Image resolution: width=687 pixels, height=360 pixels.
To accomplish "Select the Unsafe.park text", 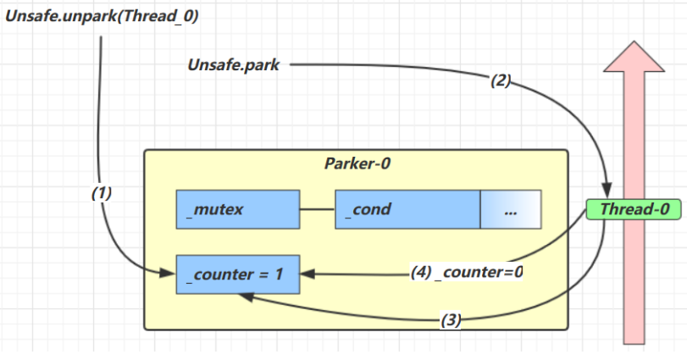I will tap(233, 64).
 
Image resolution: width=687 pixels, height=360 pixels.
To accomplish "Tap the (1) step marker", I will tap(102, 193).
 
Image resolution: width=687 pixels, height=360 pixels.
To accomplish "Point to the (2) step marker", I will tap(501, 81).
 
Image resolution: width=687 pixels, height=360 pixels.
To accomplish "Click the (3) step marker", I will tap(451, 320).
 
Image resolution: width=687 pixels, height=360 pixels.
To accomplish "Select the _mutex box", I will tap(238, 209).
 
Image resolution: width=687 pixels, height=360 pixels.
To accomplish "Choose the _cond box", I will tap(407, 209).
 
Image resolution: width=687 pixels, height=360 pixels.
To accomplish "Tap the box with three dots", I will tap(511, 209).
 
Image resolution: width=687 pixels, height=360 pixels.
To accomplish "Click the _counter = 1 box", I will tap(238, 274).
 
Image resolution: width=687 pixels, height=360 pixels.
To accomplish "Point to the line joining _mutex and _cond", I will tap(318, 209).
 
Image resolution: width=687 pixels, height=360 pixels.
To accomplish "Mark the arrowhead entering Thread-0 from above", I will tap(607, 191).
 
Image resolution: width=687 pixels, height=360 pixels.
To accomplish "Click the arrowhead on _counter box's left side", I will tap(169, 273).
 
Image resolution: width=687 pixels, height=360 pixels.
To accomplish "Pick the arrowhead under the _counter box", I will tap(244, 296).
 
